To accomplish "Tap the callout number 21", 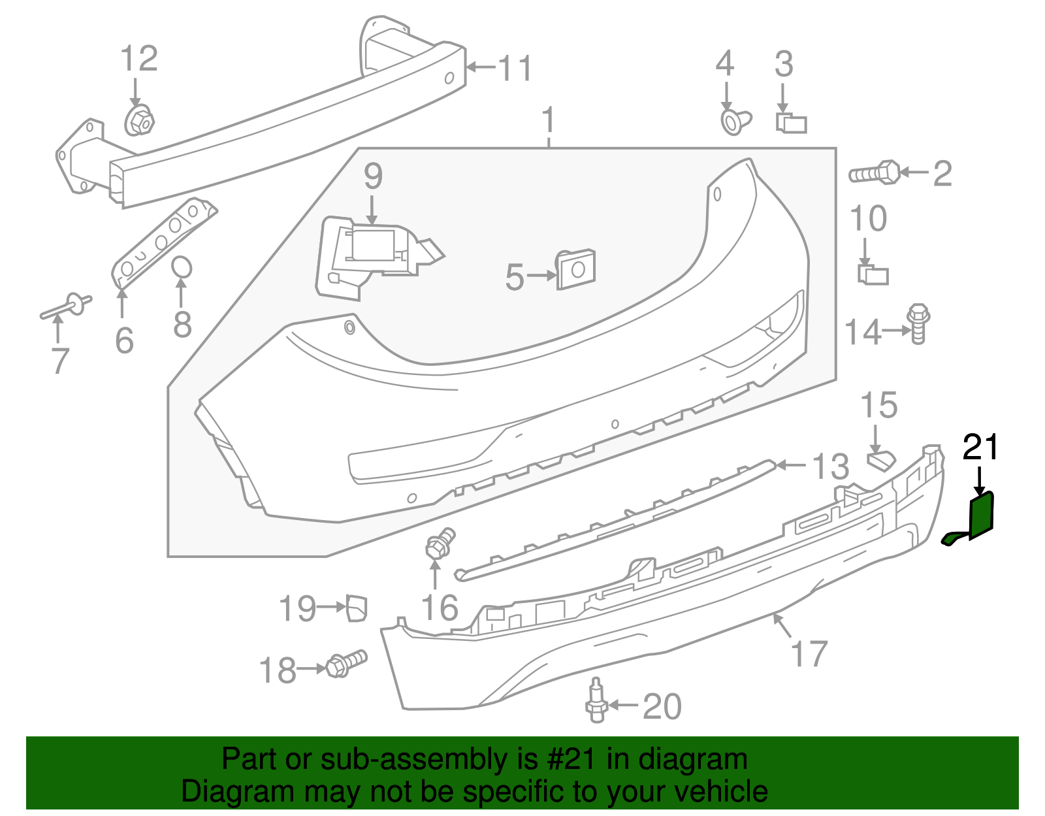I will tap(981, 448).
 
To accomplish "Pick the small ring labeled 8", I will tap(182, 267).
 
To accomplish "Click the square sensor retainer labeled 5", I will tap(576, 268).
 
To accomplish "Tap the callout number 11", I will tap(515, 68).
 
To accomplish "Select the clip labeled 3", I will tap(791, 123).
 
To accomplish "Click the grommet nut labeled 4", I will tap(735, 122).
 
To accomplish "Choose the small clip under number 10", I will tap(873, 274).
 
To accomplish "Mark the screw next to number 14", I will tap(918, 323).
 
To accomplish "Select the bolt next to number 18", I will tap(346, 663).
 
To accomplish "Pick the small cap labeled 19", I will tap(357, 607).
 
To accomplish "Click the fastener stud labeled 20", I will tap(596, 702).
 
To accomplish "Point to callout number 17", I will tap(809, 653).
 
